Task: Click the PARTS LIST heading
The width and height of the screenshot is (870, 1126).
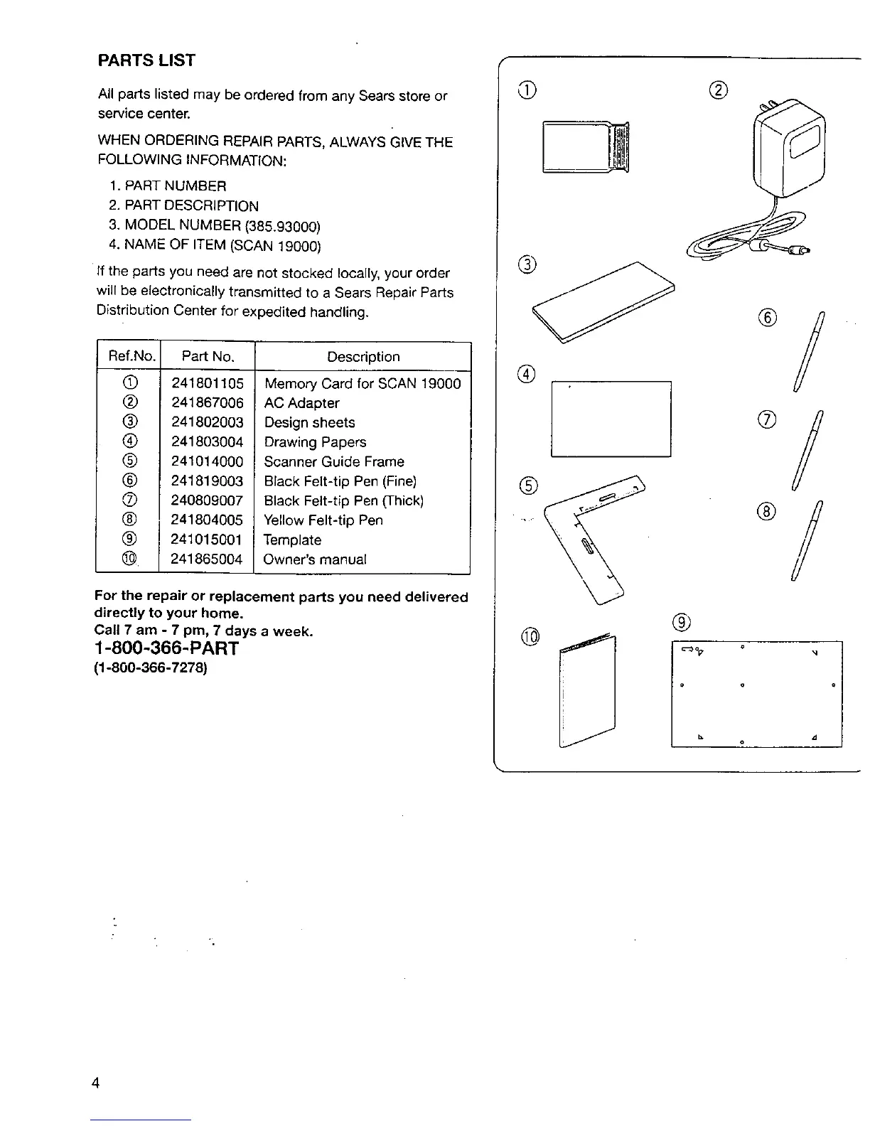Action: (x=146, y=60)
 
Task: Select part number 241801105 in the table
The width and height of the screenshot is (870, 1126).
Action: (x=208, y=383)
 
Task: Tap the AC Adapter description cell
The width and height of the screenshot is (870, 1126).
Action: (x=301, y=403)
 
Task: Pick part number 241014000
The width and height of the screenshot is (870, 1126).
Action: (x=208, y=461)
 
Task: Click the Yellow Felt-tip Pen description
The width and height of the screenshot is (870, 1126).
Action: (x=323, y=520)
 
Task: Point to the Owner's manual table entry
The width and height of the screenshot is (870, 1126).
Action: (x=315, y=559)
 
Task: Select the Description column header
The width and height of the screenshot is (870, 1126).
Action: (x=363, y=357)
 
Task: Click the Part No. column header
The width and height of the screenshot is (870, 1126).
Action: (x=208, y=357)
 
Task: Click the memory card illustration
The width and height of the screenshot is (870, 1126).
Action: (x=586, y=147)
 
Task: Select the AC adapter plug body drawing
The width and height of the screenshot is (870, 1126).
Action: (x=789, y=149)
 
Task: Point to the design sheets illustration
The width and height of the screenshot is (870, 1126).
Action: (x=603, y=301)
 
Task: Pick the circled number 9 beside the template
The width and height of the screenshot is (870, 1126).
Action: (x=681, y=623)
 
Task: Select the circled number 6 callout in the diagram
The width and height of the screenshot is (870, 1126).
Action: (x=771, y=318)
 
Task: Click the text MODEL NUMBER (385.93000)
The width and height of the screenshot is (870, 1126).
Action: (x=222, y=226)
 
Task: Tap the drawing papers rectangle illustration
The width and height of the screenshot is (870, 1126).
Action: (x=611, y=419)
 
